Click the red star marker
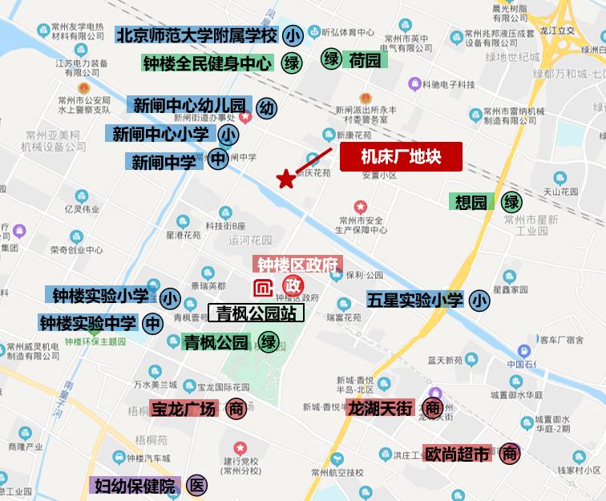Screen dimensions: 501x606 coord(285,179)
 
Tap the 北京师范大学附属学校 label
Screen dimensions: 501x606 coord(197,36)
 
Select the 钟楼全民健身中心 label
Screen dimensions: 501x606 coord(208,63)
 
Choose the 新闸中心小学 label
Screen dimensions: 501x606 coord(164,133)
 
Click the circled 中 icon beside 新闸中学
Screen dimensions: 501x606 coord(219,160)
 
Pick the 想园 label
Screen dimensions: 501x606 coord(471,202)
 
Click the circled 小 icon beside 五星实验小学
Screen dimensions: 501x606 coord(479,301)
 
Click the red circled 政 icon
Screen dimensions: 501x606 coord(293,286)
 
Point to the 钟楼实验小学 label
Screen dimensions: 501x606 coord(101,297)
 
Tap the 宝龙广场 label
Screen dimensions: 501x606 coord(184,409)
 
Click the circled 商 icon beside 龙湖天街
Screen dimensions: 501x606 coord(433,408)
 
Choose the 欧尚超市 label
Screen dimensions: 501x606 coord(457,455)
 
